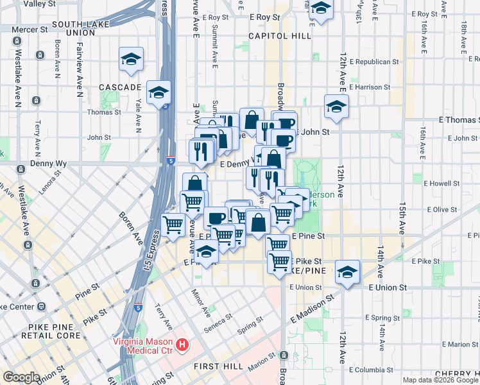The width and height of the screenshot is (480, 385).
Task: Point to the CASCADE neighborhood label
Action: pos(119,87)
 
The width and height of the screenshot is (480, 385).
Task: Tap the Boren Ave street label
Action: pos(130,225)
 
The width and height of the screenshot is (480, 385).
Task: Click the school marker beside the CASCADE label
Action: pos(131,60)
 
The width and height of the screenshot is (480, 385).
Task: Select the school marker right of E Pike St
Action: pos(347,272)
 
